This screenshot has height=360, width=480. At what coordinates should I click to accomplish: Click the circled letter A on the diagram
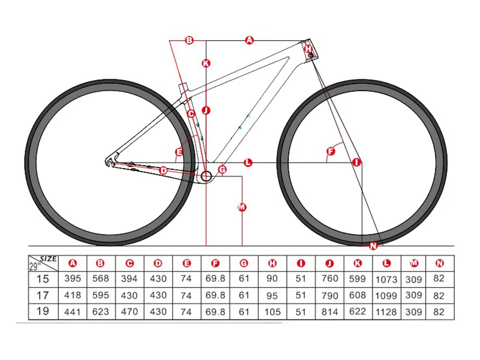tap(250, 40)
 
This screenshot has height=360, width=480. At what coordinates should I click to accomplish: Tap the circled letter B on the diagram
tap(189, 40)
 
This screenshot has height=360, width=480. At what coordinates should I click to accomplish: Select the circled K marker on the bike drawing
tap(206, 63)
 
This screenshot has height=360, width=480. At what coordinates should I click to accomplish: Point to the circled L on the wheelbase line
tap(248, 163)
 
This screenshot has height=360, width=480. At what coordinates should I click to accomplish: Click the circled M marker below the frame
tap(242, 207)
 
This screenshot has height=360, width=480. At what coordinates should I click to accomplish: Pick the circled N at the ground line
tap(373, 245)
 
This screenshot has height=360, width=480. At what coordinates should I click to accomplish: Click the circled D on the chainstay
tap(163, 170)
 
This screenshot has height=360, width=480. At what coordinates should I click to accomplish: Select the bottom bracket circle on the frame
tap(206, 176)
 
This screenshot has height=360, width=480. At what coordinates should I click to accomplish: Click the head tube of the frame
tap(309, 50)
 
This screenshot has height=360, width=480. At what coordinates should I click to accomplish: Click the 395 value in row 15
tap(73, 279)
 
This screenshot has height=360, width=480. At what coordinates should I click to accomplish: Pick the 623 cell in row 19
tap(101, 311)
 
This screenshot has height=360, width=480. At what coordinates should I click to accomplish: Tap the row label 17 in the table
tap(43, 295)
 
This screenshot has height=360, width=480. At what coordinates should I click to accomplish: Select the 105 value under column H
tap(272, 311)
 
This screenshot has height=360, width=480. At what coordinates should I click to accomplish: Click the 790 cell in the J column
tap(329, 295)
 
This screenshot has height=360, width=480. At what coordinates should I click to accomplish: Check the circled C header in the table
tap(129, 263)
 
